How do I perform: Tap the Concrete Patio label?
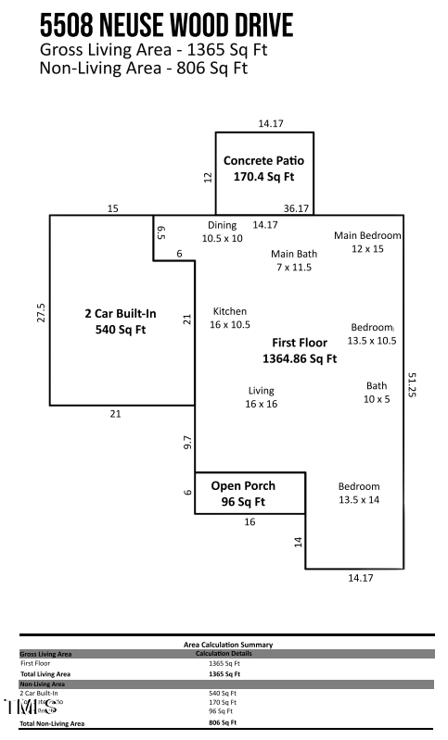click(x=263, y=168)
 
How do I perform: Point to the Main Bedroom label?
click(x=368, y=242)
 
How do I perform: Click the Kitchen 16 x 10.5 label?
click(x=230, y=318)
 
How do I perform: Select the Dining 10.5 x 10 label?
click(x=222, y=232)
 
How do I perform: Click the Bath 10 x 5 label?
click(x=377, y=393)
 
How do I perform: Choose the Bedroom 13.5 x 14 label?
click(x=358, y=493)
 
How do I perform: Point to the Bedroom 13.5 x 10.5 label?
click(x=372, y=333)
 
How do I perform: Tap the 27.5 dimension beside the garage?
click(x=39, y=312)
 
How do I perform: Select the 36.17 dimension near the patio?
click(x=296, y=209)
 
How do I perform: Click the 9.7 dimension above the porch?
click(x=187, y=443)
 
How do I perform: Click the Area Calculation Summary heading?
click(x=226, y=645)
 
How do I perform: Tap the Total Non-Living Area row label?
click(x=52, y=722)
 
